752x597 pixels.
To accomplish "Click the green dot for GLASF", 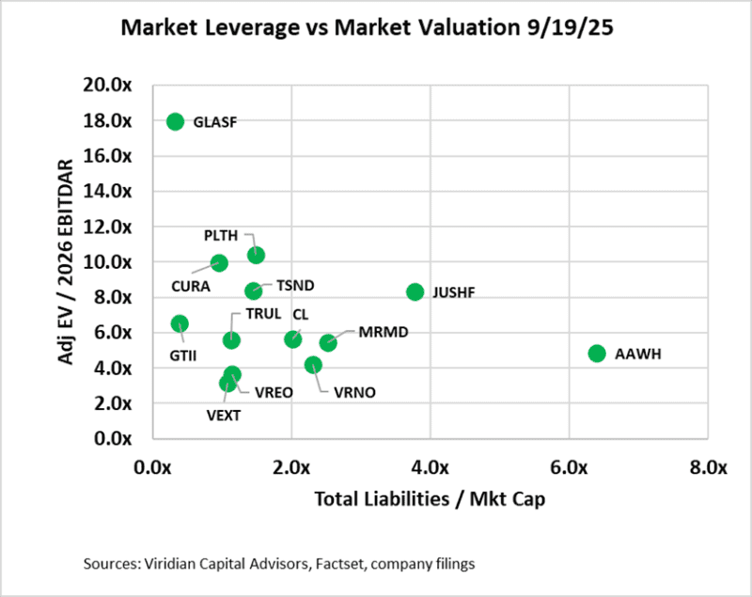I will [x=175, y=121].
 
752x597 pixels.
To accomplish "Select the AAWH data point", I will [x=596, y=353].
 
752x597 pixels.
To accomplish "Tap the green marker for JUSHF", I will [x=415, y=292].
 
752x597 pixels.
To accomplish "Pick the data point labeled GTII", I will [x=180, y=323].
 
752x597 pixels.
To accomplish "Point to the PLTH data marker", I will [x=256, y=255].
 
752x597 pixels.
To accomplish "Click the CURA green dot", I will [x=219, y=263].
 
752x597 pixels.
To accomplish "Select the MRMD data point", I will [x=328, y=343].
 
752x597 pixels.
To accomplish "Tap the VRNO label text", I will [x=354, y=393].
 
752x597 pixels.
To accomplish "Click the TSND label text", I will [x=295, y=285].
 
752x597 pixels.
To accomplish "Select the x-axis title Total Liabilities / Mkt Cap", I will [x=431, y=499].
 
